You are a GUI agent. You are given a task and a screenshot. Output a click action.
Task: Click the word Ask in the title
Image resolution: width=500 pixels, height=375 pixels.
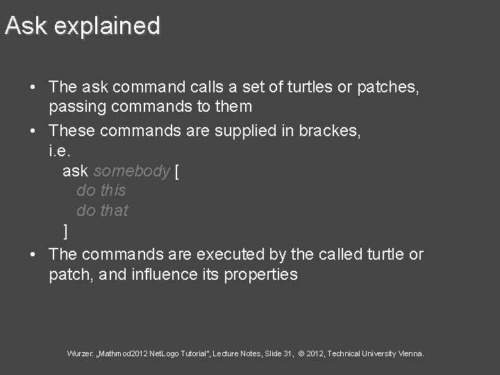click(26, 26)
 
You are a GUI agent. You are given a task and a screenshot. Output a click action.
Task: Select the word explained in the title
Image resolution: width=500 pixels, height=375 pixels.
click(107, 27)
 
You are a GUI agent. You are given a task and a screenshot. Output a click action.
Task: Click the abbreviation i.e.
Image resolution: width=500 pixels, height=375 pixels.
click(60, 150)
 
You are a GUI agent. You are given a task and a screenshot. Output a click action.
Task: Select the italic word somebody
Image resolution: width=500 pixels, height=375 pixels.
click(131, 171)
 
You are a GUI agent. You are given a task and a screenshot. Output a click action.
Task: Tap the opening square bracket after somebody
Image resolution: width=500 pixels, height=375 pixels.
click(176, 171)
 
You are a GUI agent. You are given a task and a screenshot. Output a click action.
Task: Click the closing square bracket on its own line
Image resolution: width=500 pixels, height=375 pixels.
click(65, 231)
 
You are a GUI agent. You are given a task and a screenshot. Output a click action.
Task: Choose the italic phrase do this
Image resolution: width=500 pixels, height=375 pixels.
click(101, 191)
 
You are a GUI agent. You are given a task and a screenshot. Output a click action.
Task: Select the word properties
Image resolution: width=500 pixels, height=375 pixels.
click(260, 275)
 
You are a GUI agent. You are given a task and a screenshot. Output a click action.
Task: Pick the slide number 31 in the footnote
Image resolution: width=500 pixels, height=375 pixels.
click(287, 353)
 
